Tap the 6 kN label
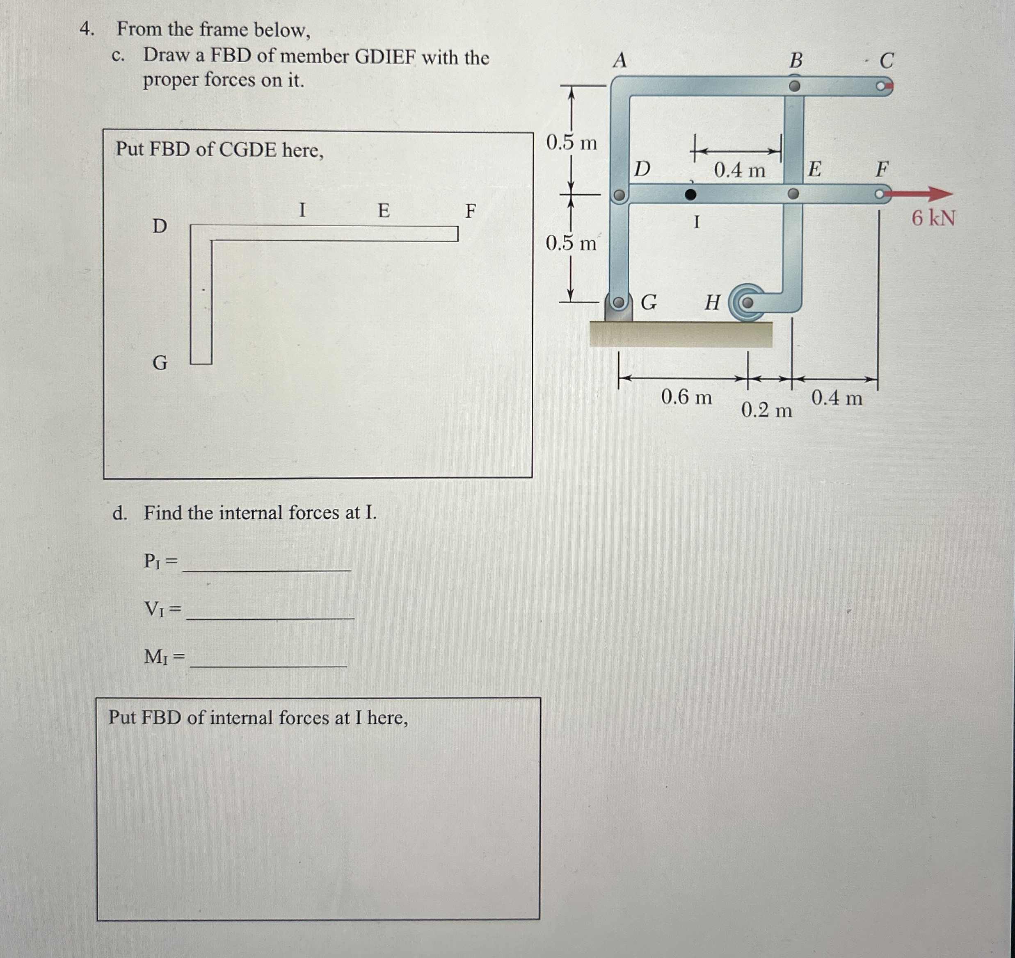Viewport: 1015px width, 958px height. [933, 218]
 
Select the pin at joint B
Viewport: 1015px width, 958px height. [794, 86]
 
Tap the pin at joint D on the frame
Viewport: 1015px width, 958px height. [619, 195]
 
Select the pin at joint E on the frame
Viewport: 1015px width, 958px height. [793, 194]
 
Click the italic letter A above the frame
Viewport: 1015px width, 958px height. [620, 60]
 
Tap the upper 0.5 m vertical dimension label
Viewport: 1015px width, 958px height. [572, 143]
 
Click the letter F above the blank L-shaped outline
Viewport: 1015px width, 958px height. [470, 210]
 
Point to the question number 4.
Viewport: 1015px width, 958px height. [87, 29]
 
